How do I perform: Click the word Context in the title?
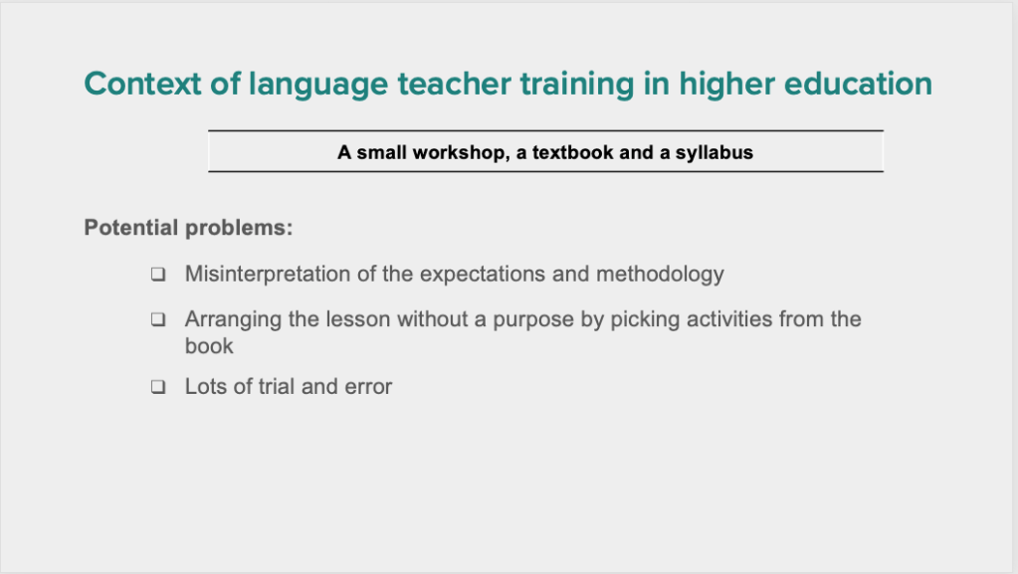point(143,84)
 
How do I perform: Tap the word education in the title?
point(858,84)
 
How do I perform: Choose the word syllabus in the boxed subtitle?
point(714,153)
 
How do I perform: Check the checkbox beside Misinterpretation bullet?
point(158,274)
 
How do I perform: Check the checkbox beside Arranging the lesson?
point(158,319)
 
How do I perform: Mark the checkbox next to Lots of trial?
point(158,387)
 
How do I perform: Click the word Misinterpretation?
point(268,275)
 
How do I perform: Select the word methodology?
point(660,275)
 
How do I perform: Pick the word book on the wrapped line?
point(209,346)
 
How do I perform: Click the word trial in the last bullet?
point(277,386)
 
